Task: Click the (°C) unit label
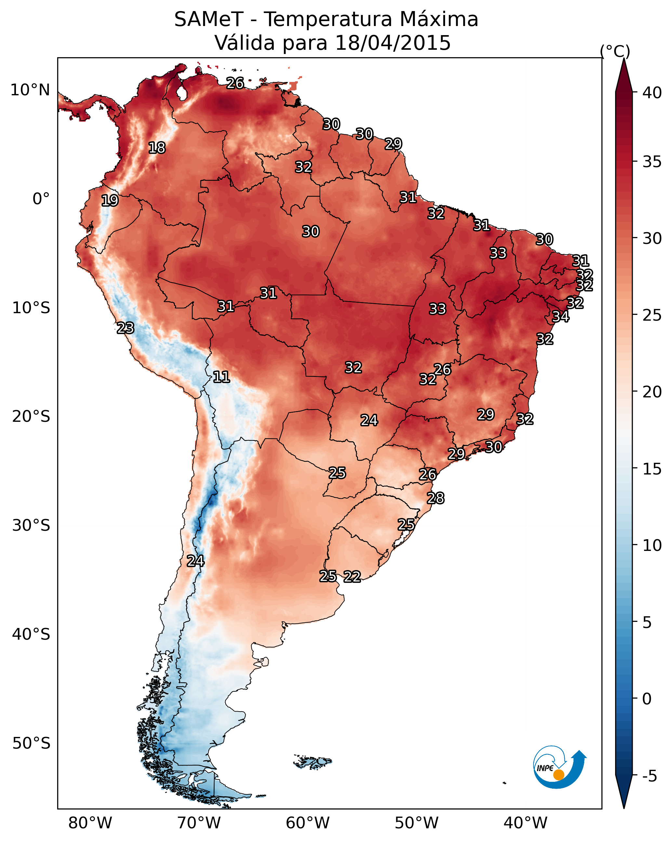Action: tap(615, 51)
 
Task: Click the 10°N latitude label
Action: tap(30, 90)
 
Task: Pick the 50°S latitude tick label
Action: tap(31, 743)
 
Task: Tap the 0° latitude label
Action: tap(41, 199)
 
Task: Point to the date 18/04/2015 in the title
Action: tap(393, 43)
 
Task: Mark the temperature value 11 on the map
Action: tap(221, 377)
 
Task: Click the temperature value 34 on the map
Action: tap(560, 316)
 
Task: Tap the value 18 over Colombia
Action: tap(157, 148)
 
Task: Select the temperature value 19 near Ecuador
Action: tap(110, 201)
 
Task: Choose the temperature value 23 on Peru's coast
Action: tap(125, 328)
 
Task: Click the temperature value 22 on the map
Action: tap(352, 577)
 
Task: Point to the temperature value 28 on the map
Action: tap(435, 498)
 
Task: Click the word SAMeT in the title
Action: tap(209, 19)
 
